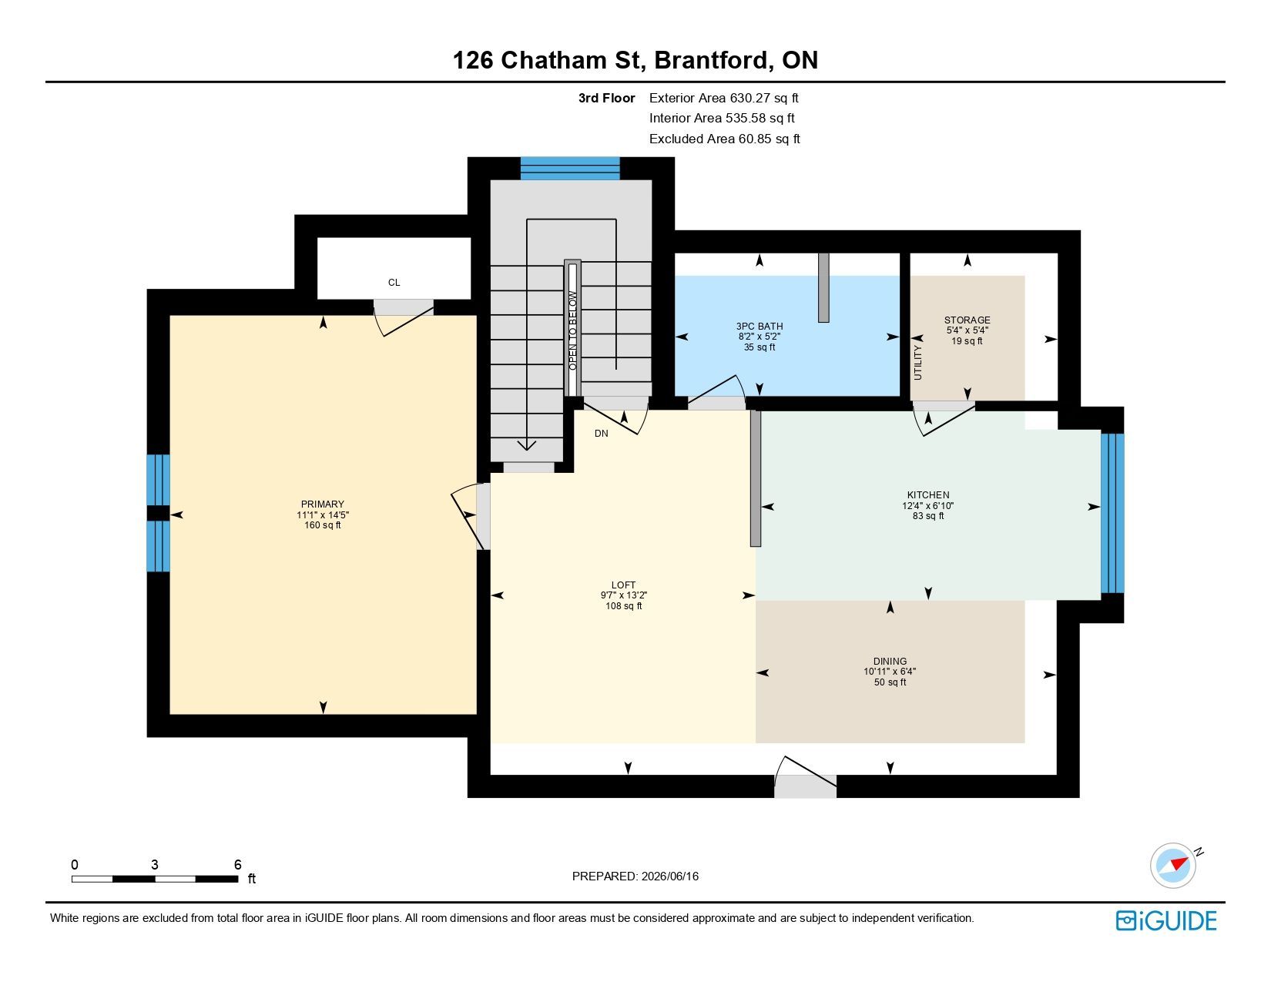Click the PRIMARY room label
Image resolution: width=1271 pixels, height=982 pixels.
(x=322, y=504)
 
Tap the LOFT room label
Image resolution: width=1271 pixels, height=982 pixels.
(x=623, y=585)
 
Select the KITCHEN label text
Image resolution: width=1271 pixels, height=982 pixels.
(x=928, y=494)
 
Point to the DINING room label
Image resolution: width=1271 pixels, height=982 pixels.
(x=890, y=662)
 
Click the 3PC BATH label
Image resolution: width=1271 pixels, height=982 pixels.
(x=760, y=327)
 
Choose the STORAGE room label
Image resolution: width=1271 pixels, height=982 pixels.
(x=967, y=320)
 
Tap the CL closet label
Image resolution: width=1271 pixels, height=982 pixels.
(x=394, y=283)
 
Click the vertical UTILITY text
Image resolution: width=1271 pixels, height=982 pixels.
(x=917, y=363)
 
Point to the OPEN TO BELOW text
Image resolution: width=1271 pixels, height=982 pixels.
(x=572, y=330)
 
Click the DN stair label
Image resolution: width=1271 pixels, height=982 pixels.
(x=602, y=434)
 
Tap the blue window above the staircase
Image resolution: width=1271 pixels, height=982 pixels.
(x=570, y=169)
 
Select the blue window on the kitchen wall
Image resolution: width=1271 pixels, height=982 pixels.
(x=1112, y=513)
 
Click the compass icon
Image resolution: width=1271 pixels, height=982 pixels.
(x=1173, y=866)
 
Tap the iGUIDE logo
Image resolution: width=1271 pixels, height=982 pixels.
(x=1166, y=920)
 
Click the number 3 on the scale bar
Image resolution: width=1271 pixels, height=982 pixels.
(x=154, y=865)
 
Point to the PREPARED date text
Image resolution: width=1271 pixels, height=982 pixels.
(x=635, y=876)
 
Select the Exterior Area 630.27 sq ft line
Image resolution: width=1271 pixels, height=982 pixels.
(x=723, y=98)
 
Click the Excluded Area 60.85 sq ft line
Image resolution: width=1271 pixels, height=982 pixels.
(x=725, y=139)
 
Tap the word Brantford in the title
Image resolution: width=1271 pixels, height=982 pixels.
(x=711, y=60)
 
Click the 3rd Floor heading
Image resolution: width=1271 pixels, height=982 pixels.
(x=606, y=99)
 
